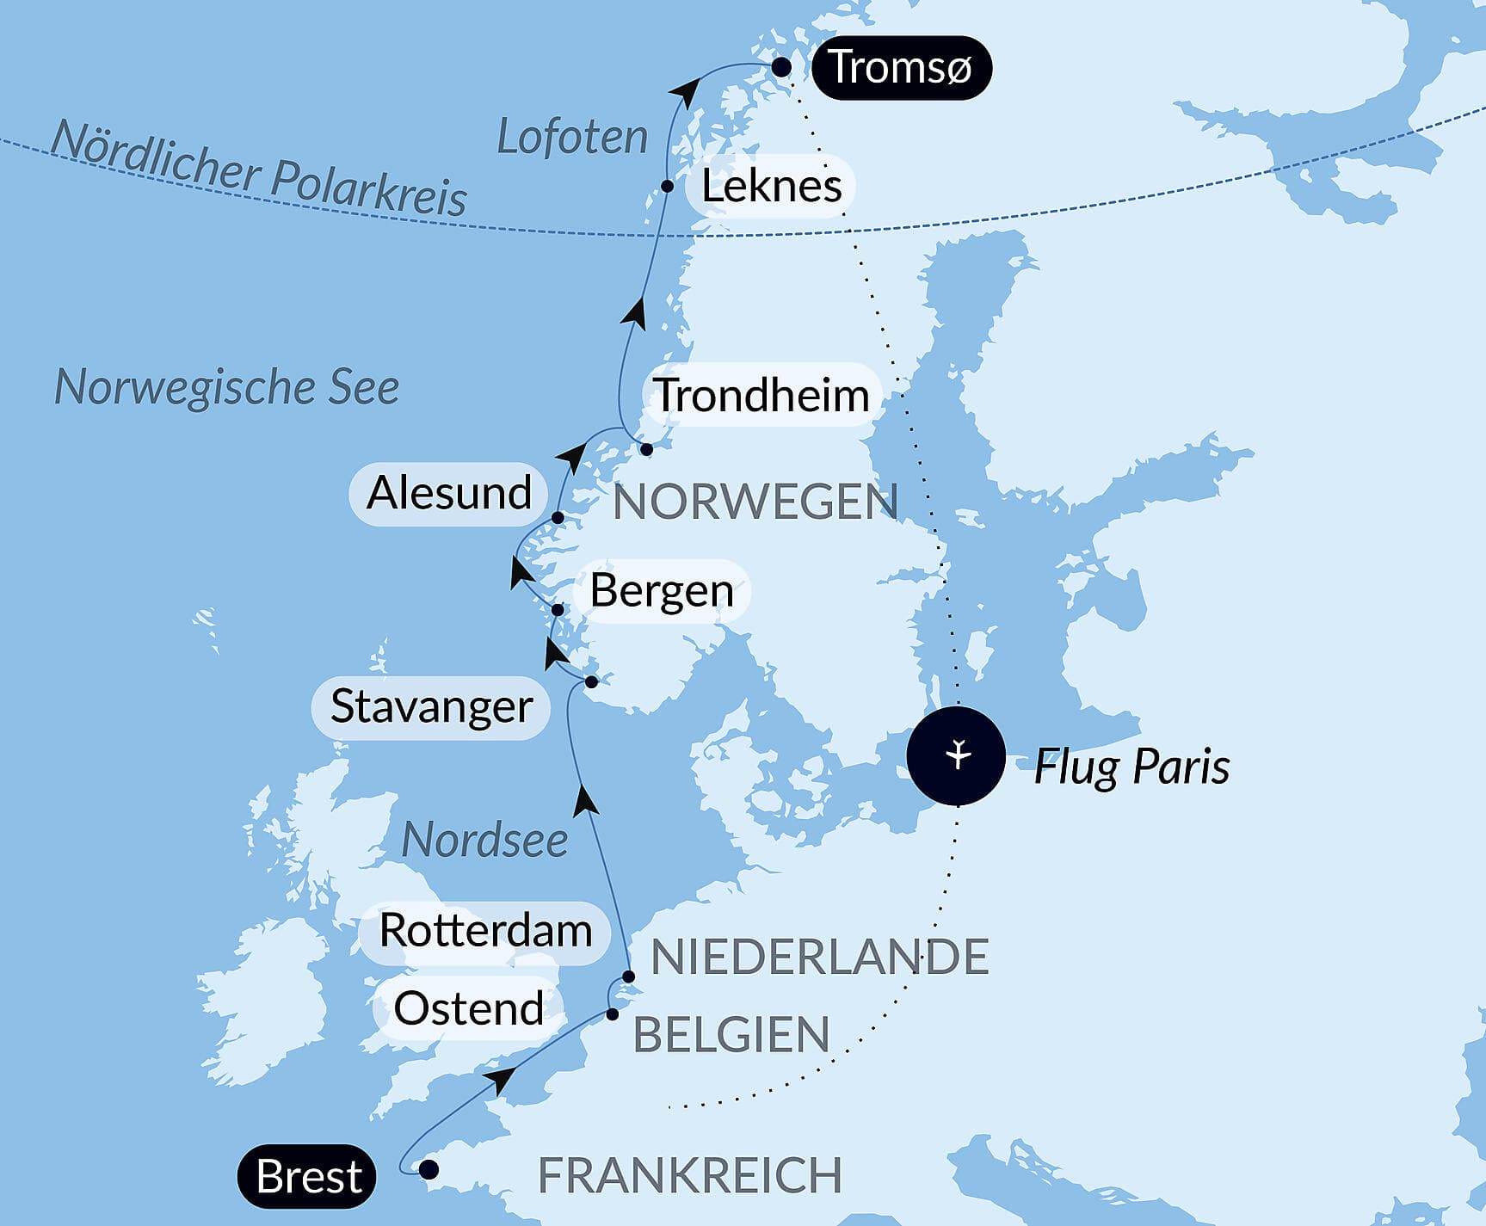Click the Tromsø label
pyautogui.click(x=900, y=68)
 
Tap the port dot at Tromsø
pyautogui.click(x=780, y=67)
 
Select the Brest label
pyautogui.click(x=307, y=1176)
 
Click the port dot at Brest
pyautogui.click(x=428, y=1170)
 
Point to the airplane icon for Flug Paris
pyautogui.click(x=956, y=755)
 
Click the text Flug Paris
pyautogui.click(x=1131, y=766)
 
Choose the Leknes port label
pyautogui.click(x=770, y=186)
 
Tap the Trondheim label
pyautogui.click(x=762, y=395)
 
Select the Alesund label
pyautogui.click(x=448, y=493)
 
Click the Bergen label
pyautogui.click(x=661, y=591)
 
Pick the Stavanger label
pyautogui.click(x=431, y=706)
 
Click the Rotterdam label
pyautogui.click(x=485, y=931)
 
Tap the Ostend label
pyautogui.click(x=468, y=1008)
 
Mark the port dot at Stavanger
pyautogui.click(x=591, y=682)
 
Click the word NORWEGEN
pyautogui.click(x=755, y=502)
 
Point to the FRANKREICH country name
pyautogui.click(x=689, y=1175)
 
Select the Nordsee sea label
pyautogui.click(x=484, y=840)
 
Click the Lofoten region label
pyautogui.click(x=572, y=138)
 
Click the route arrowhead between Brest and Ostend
pyautogui.click(x=501, y=1079)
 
